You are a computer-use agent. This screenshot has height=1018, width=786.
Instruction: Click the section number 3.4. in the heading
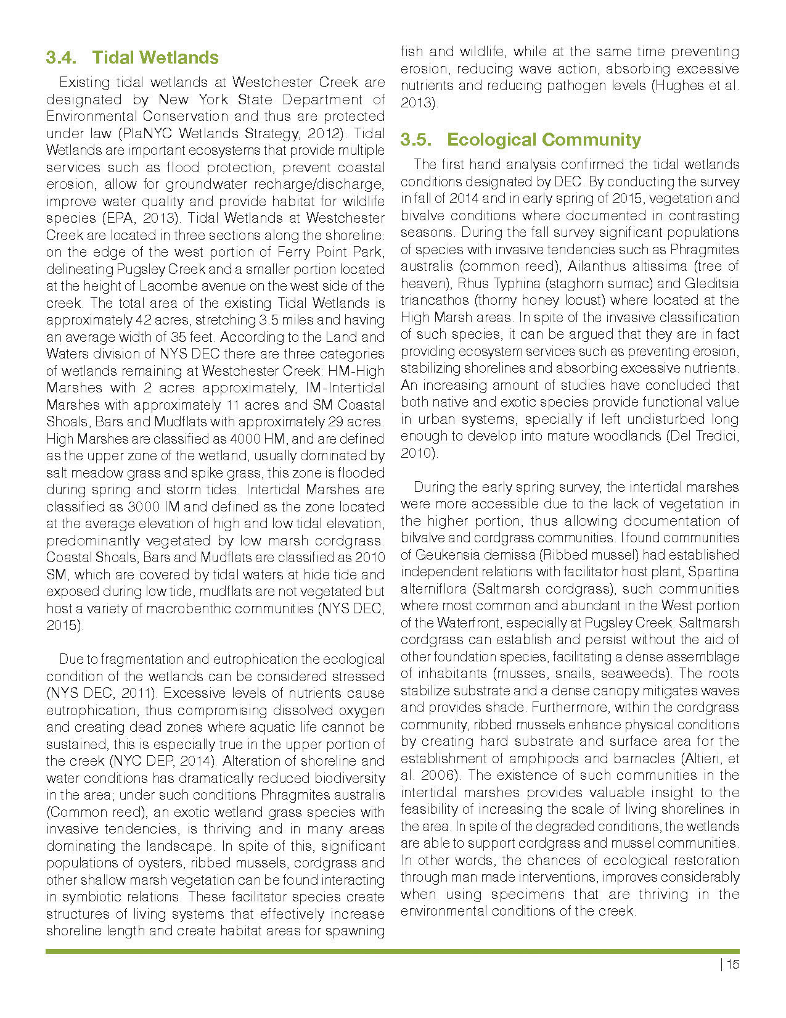62,58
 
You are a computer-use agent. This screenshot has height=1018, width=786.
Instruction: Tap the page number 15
732,965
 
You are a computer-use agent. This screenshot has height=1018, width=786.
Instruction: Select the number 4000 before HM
247,439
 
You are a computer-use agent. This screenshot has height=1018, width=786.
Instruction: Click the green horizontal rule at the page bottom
392,951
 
